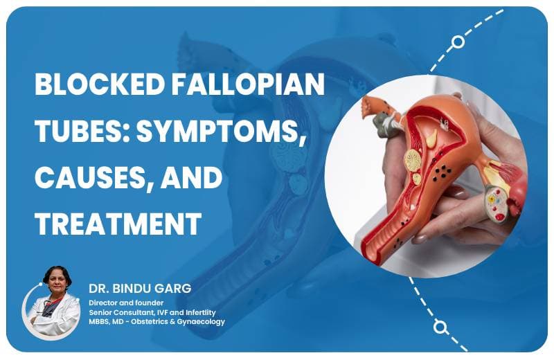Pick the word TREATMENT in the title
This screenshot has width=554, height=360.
[x=118, y=224]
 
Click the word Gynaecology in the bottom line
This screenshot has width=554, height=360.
[x=201, y=322]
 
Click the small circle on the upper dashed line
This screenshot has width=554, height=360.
[x=458, y=42]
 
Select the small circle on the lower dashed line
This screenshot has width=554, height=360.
[x=439, y=326]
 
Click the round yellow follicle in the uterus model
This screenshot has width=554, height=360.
[x=413, y=161]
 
